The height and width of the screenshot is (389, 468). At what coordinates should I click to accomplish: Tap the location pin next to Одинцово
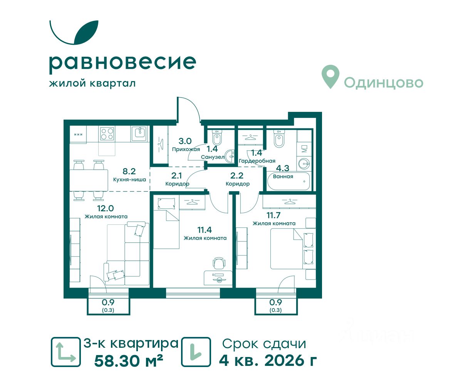330,77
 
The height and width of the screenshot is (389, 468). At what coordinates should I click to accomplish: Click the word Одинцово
384,83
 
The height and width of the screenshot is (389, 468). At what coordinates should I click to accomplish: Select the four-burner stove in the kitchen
107,133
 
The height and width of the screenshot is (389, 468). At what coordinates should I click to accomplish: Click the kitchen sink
139,133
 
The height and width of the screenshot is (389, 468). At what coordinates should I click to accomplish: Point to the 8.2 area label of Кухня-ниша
129,172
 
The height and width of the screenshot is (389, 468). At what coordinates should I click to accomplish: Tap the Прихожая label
186,150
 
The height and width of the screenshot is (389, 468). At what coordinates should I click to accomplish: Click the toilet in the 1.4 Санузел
217,138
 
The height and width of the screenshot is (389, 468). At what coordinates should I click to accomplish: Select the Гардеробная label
257,161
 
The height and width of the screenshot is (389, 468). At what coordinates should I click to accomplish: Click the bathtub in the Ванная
288,181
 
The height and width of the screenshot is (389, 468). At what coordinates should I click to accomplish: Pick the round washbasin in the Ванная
304,164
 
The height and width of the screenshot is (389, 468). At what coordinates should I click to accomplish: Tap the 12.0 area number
105,208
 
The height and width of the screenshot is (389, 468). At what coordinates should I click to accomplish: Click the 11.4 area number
205,230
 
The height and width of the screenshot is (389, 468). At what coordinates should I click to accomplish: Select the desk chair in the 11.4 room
219,263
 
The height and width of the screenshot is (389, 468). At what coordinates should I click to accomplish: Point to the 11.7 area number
273,216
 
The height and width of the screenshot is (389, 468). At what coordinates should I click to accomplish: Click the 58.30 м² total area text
128,361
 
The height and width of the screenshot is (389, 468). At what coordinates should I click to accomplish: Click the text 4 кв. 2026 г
268,361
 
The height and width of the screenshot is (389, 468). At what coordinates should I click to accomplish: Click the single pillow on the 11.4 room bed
166,204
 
